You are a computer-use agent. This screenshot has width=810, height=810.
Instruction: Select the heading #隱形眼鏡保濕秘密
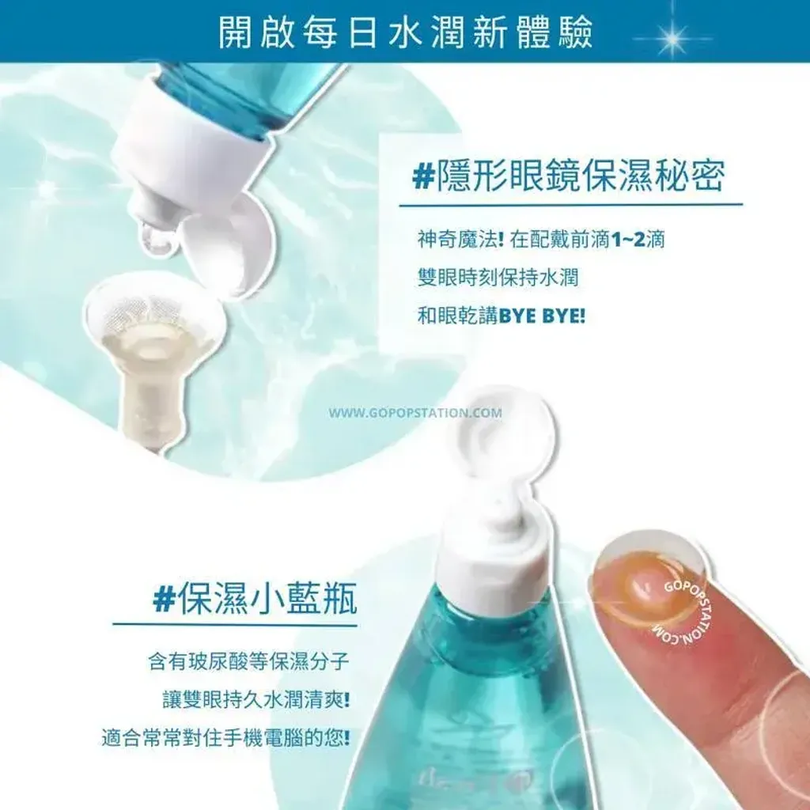point(568,175)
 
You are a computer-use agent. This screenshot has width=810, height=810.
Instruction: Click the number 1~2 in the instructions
point(627,239)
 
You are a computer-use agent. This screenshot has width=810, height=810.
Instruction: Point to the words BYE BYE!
point(542,316)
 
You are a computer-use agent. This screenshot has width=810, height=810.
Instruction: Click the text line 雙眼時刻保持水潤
point(498,278)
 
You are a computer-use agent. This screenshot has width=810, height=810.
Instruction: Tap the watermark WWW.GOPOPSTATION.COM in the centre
point(415,413)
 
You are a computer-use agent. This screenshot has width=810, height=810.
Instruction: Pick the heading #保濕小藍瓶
point(255,600)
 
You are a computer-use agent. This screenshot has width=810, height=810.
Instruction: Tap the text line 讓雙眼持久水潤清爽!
point(256,700)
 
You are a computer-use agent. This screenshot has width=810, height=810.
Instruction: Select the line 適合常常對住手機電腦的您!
point(225,737)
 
